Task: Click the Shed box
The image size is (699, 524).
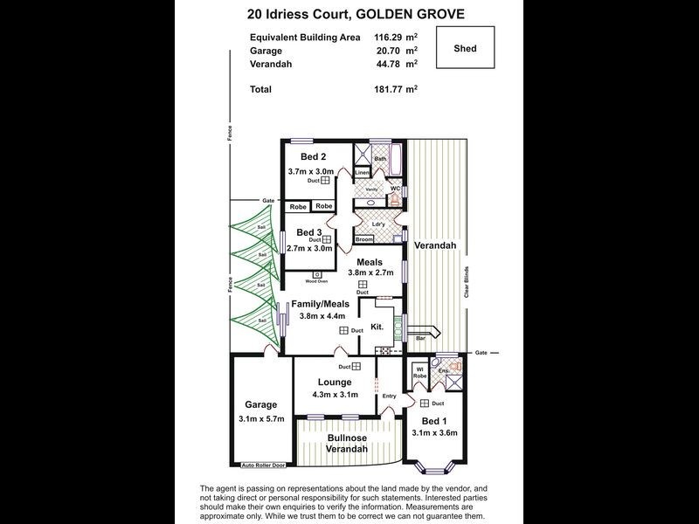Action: pos(465,48)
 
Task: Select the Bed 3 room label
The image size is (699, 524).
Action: pos(309,232)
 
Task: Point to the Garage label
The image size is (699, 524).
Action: pos(260,404)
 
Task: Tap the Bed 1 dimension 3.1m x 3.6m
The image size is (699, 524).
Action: pos(434,432)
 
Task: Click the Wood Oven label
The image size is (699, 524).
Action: pos(316,281)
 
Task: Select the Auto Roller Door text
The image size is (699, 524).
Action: pos(265,465)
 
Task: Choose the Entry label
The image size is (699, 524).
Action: pos(389,396)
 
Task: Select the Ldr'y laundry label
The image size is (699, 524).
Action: pos(378,224)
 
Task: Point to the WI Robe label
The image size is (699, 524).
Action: pos(419,371)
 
